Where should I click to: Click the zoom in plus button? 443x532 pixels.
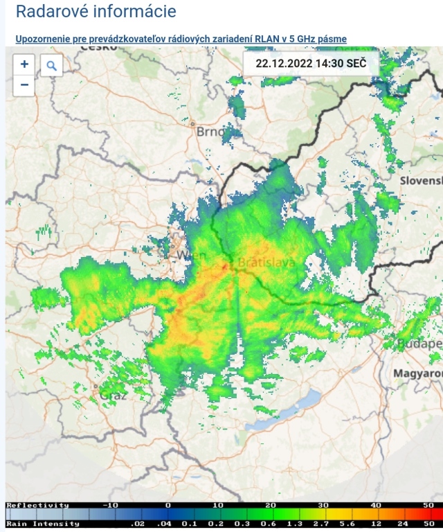(x=24, y=64)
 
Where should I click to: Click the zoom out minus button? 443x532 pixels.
(x=24, y=85)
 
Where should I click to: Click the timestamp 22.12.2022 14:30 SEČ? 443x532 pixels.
(x=311, y=64)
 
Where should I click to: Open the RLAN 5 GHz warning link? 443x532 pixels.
(x=181, y=39)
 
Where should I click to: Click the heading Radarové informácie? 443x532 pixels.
(x=96, y=12)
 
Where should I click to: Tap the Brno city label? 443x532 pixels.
(x=210, y=132)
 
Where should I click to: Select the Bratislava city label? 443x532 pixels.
(x=266, y=263)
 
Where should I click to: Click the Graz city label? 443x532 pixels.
(x=114, y=396)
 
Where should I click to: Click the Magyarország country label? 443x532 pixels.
(x=417, y=373)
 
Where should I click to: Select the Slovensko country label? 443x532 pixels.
(x=421, y=180)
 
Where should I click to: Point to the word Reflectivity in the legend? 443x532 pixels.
(x=38, y=506)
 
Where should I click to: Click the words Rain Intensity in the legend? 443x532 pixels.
(x=43, y=524)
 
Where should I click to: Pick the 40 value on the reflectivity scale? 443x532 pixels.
(x=375, y=506)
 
